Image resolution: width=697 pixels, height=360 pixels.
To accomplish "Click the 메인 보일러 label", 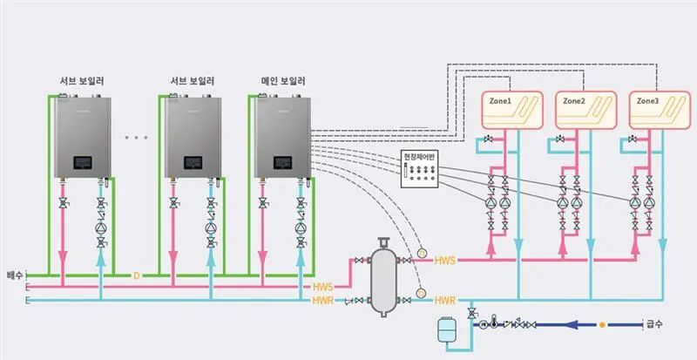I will (x=281, y=83).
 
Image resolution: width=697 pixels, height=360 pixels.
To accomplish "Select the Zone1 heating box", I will (x=512, y=112).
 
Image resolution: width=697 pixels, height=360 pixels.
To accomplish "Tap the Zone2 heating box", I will (x=586, y=112).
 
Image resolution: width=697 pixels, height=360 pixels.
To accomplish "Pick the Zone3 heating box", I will (x=660, y=112).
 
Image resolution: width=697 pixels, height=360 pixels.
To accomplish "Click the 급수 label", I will (x=655, y=324).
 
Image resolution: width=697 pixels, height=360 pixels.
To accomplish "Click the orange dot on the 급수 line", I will (x=601, y=325).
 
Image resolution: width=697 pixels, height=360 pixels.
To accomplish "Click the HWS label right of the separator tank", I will (x=444, y=261).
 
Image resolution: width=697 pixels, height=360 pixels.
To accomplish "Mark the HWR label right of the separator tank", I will (x=445, y=300).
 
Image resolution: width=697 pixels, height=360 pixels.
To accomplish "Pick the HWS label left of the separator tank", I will (x=322, y=287).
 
